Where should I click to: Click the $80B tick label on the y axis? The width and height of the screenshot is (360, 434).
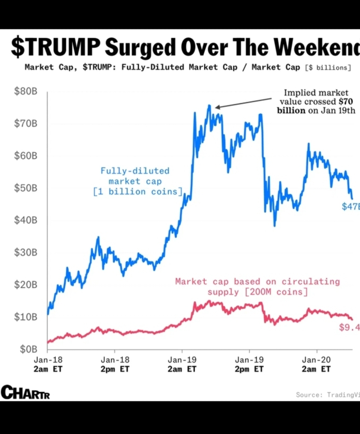[25, 91]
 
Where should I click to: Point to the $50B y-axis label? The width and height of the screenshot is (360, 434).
[25, 188]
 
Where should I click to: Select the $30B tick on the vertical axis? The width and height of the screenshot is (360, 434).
[25, 252]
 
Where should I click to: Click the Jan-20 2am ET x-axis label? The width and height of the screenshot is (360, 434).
[316, 364]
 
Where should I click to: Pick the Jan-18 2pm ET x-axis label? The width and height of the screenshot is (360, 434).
[115, 364]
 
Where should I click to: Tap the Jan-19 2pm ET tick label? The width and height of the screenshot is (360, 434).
[249, 364]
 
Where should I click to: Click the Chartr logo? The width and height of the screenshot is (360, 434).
[25, 393]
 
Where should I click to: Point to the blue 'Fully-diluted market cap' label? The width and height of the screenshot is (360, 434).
[135, 176]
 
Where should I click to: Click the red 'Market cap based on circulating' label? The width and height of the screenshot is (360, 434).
[258, 282]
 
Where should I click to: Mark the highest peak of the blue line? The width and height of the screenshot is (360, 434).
[209, 105]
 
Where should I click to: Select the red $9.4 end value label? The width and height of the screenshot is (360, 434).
[349, 327]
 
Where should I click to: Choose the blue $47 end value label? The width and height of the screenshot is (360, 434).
[350, 207]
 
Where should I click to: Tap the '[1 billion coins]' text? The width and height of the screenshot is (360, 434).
[138, 192]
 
